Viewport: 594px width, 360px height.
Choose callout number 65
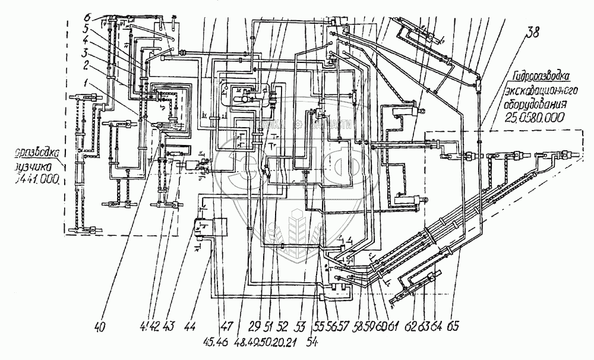pyautogui.click(x=454, y=326)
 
